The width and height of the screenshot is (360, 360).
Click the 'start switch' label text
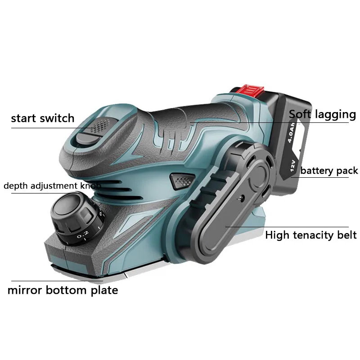43,118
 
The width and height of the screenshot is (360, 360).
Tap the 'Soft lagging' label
322,114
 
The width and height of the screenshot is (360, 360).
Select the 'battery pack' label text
329,171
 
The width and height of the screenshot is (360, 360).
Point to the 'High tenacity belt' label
310,234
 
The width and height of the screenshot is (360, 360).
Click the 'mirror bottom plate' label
63,290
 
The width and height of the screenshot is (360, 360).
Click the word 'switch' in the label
59,118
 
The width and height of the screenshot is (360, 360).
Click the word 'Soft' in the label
300,114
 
